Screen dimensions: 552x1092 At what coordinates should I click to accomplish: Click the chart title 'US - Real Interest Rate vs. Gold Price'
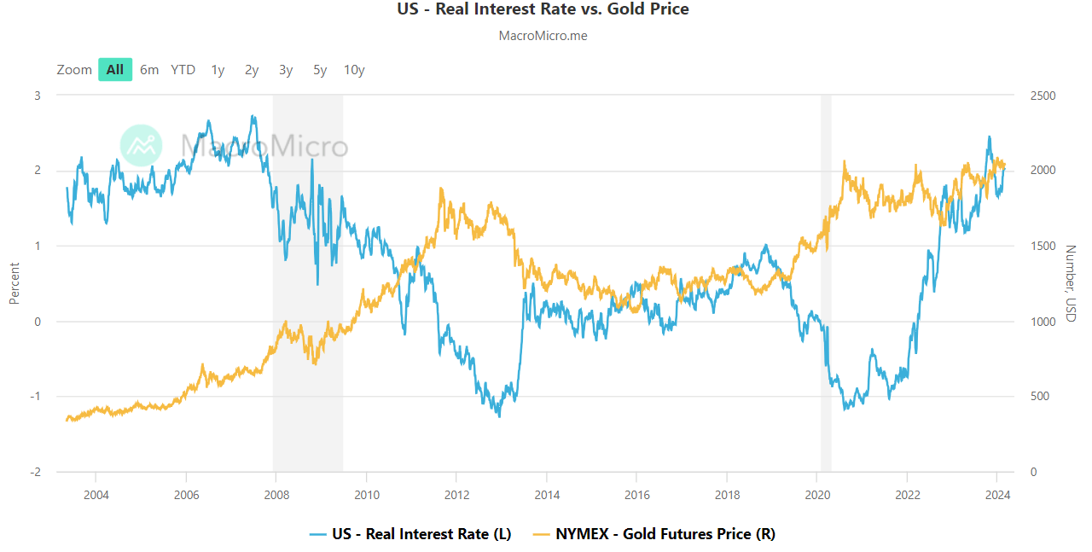[543, 9]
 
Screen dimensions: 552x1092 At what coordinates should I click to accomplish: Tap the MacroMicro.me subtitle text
[543, 36]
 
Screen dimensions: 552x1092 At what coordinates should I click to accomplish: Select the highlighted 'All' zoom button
[115, 70]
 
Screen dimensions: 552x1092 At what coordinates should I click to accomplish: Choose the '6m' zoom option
[149, 70]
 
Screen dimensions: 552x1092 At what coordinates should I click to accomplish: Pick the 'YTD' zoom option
[183, 70]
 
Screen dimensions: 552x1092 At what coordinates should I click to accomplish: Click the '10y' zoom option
[354, 70]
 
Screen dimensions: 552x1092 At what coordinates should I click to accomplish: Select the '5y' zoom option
[320, 70]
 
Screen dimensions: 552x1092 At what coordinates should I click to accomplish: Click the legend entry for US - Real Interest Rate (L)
[410, 534]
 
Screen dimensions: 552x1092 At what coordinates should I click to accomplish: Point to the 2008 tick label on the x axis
[276, 494]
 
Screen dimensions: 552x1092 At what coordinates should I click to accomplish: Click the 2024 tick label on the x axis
[997, 494]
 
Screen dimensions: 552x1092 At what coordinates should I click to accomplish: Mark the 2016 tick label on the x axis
[636, 494]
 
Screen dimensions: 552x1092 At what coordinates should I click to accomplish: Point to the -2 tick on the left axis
[36, 473]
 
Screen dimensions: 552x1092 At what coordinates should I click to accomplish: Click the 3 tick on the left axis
[37, 96]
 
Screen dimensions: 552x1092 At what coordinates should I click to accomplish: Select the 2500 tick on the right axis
[1043, 96]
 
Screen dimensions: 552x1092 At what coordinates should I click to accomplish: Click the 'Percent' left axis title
[14, 283]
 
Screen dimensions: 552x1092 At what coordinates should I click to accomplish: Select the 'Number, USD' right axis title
[1071, 283]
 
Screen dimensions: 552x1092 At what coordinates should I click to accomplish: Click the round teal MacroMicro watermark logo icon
[141, 145]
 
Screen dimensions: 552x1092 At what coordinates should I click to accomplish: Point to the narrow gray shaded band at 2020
[825, 282]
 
